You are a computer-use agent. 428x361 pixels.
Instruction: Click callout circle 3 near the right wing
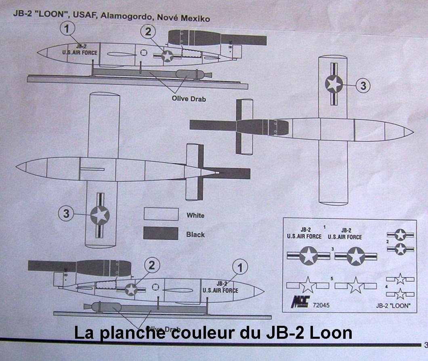363,85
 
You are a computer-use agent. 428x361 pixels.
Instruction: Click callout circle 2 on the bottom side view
152,266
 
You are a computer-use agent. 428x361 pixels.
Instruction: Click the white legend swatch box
161,214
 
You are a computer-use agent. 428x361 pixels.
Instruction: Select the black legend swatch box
161,234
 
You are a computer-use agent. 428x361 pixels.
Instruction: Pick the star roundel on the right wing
334,84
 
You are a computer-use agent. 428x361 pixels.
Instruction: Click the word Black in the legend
195,234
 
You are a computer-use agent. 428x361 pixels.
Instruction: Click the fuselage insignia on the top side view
168,57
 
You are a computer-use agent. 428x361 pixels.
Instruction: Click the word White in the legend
195,215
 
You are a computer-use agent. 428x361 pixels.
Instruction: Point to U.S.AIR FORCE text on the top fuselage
82,53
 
